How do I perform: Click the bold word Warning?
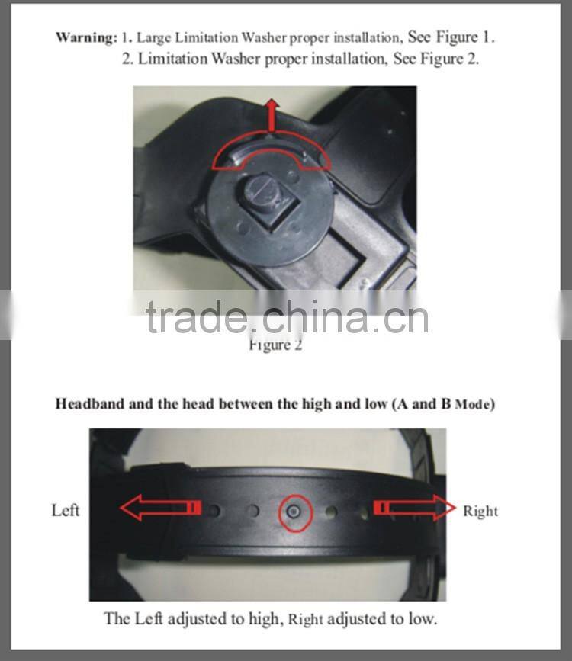[x=86, y=37]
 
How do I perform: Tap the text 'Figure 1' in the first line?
[x=464, y=37]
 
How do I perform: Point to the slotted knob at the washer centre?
[x=259, y=194]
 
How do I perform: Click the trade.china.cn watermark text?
[x=287, y=317]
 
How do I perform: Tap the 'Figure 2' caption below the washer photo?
[x=275, y=345]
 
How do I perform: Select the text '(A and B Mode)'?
[x=443, y=404]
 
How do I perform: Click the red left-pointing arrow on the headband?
[x=160, y=507]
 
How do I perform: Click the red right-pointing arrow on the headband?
[x=415, y=508]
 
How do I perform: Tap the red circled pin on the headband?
[x=295, y=512]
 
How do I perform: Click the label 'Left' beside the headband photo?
[x=66, y=510]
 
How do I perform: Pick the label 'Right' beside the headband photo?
[x=480, y=512]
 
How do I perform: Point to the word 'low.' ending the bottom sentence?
[x=423, y=619]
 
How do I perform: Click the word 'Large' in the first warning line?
[x=154, y=38]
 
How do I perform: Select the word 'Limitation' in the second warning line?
[x=173, y=58]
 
